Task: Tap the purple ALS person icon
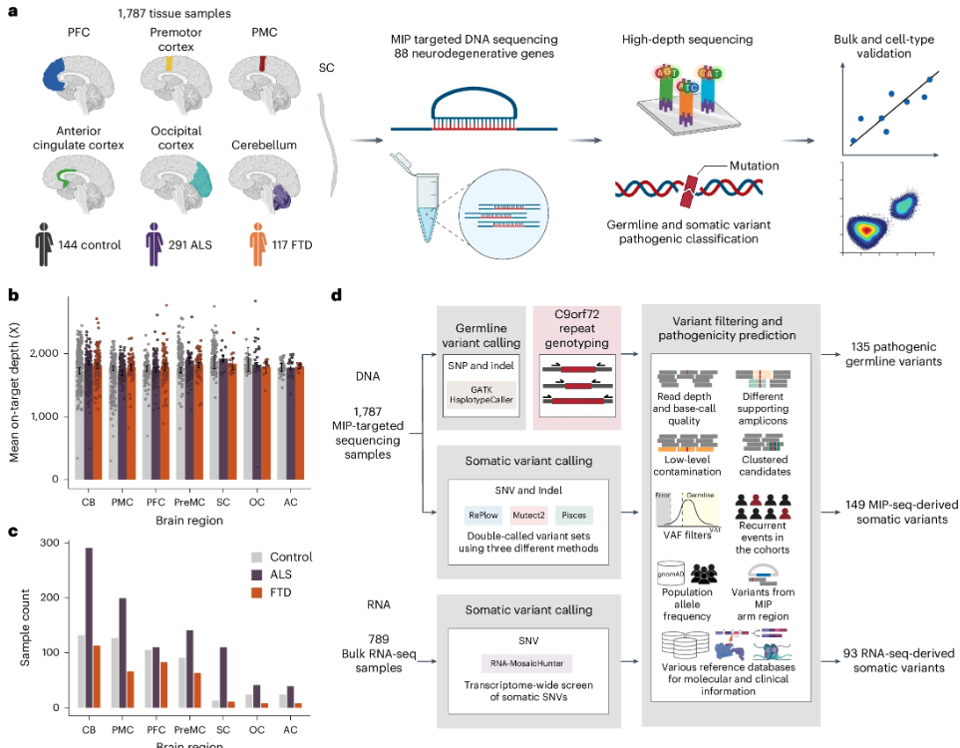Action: tap(153, 244)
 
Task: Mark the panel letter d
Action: tap(336, 295)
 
